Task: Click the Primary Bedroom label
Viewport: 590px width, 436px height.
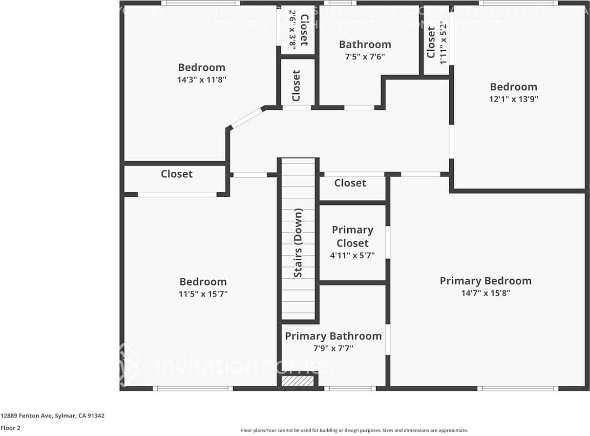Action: click(485, 281)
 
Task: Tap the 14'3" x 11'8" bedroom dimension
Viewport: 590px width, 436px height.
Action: click(202, 80)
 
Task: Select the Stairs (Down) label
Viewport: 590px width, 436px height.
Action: click(298, 243)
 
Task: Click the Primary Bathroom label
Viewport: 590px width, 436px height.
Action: click(333, 336)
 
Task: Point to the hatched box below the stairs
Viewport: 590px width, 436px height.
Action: click(297, 381)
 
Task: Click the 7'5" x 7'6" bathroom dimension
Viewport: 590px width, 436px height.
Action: click(365, 57)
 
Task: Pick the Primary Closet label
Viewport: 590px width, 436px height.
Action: click(352, 236)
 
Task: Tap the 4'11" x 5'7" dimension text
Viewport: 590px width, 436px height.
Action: click(352, 255)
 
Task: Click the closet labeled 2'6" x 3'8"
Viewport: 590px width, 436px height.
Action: click(298, 30)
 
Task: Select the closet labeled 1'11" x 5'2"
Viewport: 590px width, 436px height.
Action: click(437, 42)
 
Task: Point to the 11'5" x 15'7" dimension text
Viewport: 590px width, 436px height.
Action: click(203, 294)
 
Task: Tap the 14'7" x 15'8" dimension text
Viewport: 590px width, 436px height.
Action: click(485, 293)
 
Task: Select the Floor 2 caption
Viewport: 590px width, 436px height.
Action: click(10, 428)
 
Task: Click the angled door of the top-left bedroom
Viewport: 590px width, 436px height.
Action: click(247, 118)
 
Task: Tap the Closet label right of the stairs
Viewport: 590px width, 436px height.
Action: click(350, 183)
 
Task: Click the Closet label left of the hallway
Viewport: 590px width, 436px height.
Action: click(176, 174)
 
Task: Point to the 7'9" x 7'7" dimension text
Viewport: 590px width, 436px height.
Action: click(333, 349)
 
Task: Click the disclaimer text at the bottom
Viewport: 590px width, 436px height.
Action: click(354, 430)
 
